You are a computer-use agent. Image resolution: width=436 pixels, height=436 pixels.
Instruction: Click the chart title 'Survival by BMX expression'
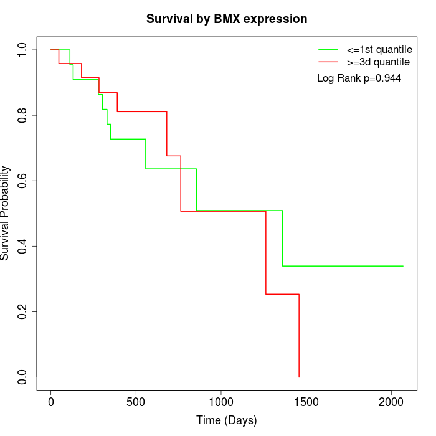coord(227,19)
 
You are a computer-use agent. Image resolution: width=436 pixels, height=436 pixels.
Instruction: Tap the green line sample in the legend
coord(328,49)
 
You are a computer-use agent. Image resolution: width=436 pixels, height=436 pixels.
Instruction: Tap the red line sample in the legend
coord(328,62)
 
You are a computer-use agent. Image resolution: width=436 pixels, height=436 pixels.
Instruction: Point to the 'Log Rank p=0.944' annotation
coord(359,78)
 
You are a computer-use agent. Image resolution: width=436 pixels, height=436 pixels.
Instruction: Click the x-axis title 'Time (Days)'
coord(227,420)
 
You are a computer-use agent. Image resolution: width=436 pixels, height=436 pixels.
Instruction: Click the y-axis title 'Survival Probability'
coord(6,213)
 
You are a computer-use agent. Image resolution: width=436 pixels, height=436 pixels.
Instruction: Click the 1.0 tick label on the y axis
coord(22,50)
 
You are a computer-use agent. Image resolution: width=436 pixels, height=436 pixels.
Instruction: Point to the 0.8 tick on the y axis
coord(22,115)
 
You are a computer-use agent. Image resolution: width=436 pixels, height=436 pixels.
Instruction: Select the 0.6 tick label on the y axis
coord(22,181)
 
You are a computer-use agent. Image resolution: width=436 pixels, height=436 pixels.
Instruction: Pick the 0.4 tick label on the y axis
coord(22,246)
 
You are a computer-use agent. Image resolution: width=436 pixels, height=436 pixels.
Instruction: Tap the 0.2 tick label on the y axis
coord(22,311)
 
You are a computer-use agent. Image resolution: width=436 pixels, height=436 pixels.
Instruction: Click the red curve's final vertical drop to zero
coord(299,336)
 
